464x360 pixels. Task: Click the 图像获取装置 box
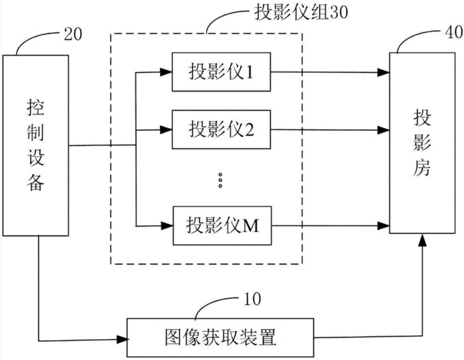pyautogui.click(x=220, y=337)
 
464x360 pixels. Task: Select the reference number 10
pyautogui.click(x=254, y=297)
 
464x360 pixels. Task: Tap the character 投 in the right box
pyautogui.click(x=421, y=116)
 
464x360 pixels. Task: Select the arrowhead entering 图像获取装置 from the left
pyautogui.click(x=120, y=338)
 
